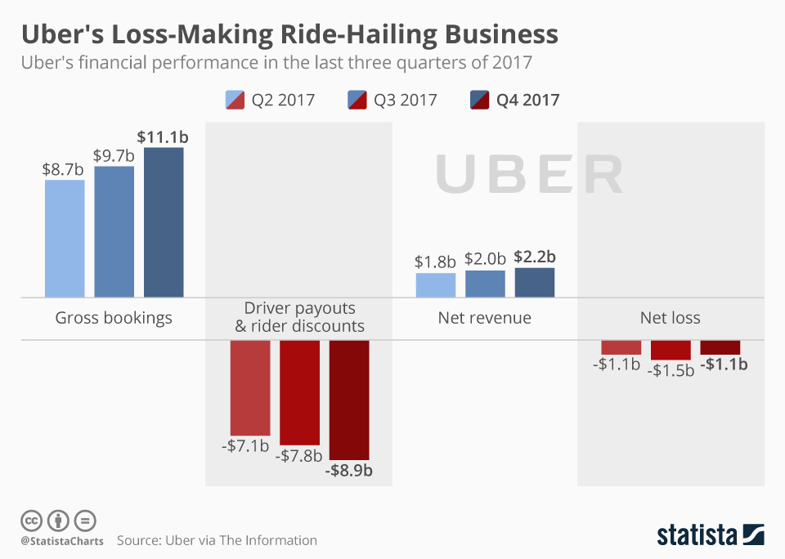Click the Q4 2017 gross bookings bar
coord(164,222)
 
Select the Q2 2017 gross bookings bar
coord(65,238)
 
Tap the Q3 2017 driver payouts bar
coord(300,392)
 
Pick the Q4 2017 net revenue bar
coord(535,282)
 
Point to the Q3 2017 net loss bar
coord(671,350)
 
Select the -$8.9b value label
coord(348,471)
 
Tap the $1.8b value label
coord(435,262)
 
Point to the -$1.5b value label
coord(671,369)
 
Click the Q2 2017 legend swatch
coord(235,100)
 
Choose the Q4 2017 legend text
coord(528,100)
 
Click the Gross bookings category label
coord(114,318)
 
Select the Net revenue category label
coord(485,318)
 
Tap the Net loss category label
coord(671,318)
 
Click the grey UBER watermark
coord(529,173)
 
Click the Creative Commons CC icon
coord(31,520)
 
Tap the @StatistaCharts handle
coord(61,540)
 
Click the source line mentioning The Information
coord(217,540)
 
